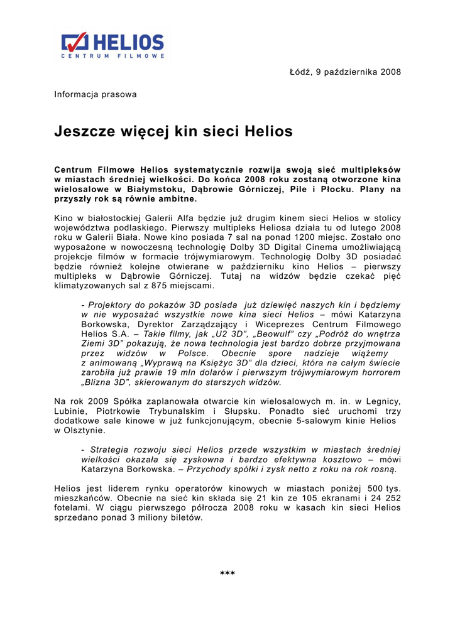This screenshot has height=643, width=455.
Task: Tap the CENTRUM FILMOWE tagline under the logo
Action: click(112, 57)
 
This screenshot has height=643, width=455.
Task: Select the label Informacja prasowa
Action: click(96, 95)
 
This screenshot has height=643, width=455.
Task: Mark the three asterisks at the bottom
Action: click(227, 573)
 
